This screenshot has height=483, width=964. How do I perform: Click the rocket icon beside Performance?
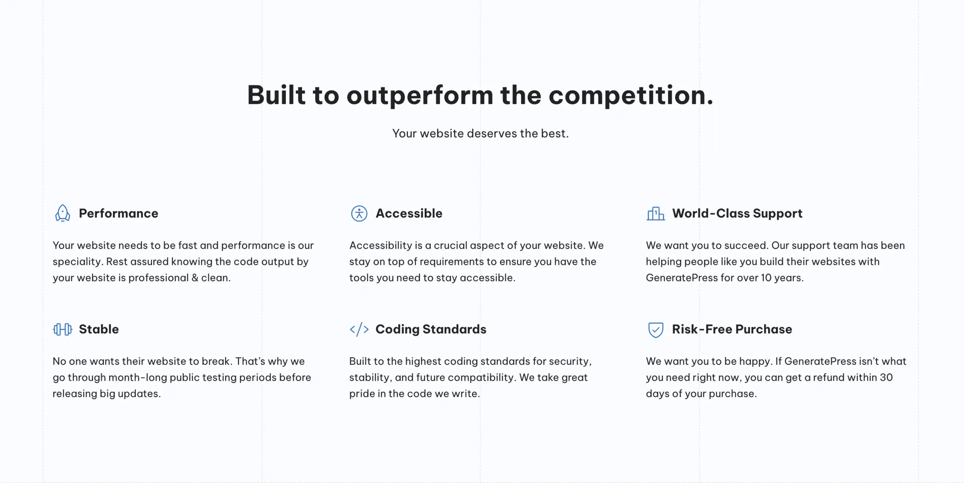(x=63, y=213)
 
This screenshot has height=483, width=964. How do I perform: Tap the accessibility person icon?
(x=359, y=213)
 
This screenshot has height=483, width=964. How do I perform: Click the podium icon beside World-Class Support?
(x=656, y=214)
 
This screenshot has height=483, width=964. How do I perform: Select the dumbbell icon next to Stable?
(x=63, y=329)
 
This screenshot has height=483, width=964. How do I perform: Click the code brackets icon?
(x=359, y=329)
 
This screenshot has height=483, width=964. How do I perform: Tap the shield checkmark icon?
(x=656, y=330)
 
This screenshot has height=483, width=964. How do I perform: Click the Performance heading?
(x=119, y=213)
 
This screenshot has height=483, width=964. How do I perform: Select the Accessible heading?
(x=409, y=213)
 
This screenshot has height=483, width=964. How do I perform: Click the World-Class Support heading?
(x=737, y=213)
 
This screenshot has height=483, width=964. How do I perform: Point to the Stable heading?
(x=99, y=329)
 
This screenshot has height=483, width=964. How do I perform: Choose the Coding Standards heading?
(x=431, y=329)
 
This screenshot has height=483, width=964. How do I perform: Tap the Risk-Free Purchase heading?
(x=732, y=329)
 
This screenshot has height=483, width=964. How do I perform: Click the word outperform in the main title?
(x=420, y=96)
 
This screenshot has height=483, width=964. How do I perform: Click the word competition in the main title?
(x=631, y=96)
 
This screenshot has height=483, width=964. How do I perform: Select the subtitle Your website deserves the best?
(x=480, y=133)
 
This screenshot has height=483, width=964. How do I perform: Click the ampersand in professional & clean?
(x=195, y=278)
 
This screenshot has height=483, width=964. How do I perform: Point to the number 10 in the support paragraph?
(x=766, y=278)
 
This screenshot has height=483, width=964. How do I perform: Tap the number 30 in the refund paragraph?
(x=886, y=377)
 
